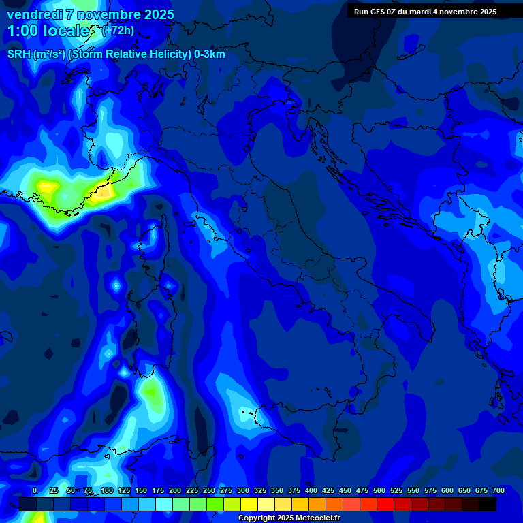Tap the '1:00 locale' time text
point(49,31)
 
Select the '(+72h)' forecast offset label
point(117,31)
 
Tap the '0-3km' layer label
point(210,54)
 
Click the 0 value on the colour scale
point(35,490)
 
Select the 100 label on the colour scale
point(106,490)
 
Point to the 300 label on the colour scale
point(243,490)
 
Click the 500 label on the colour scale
point(379,490)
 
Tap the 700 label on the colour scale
point(498,490)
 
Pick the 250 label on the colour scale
point(209,490)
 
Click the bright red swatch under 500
point(385,504)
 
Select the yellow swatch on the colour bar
point(249,504)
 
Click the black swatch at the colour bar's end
point(488,504)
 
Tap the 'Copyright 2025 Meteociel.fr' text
point(289,518)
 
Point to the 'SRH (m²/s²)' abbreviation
point(36,54)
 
